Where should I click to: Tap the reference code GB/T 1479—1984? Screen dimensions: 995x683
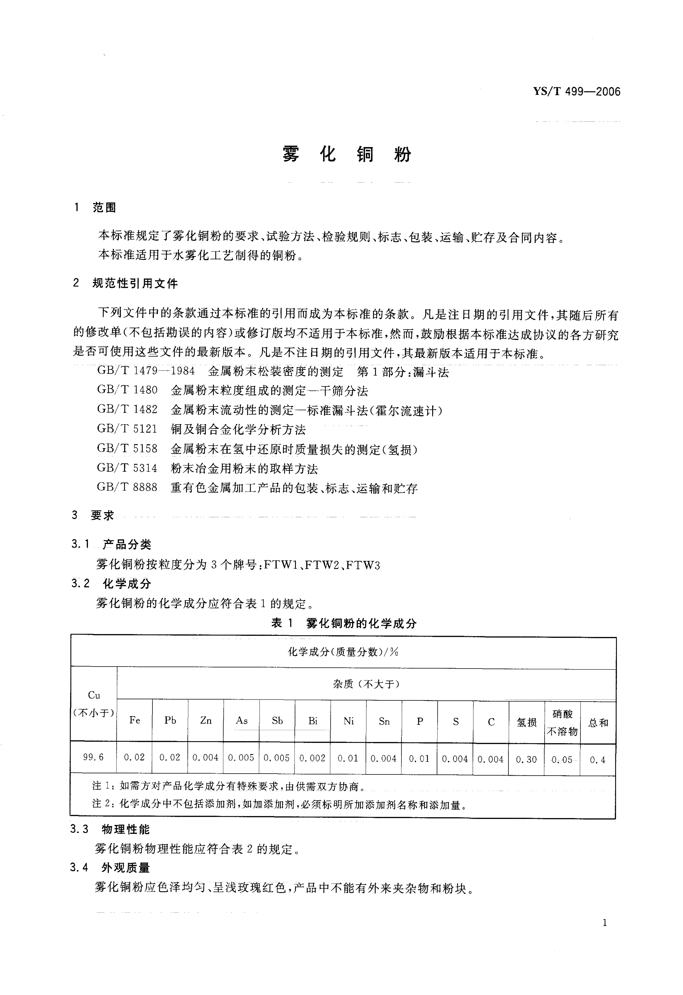pyautogui.click(x=146, y=371)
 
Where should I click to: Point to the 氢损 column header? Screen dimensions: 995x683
pyautogui.click(x=526, y=722)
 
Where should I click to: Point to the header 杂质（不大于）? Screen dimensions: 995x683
pyautogui.click(x=366, y=684)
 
